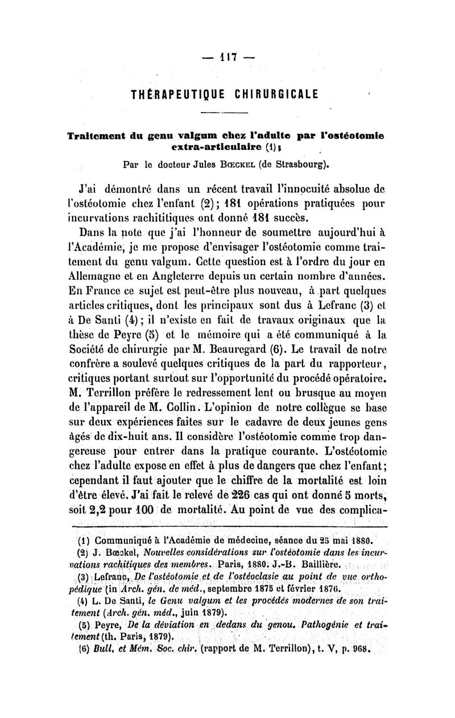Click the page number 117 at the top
[x=227, y=57]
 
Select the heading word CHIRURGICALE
[x=278, y=93]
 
